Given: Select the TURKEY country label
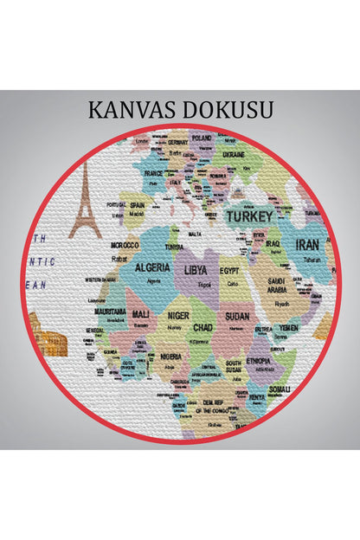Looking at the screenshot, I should pos(249,216).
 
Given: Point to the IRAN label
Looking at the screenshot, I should pos(307,245).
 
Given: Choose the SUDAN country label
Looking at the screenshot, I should pos(237,317).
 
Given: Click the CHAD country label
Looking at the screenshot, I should pos(202,328).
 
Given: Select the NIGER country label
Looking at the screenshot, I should pos(177,316).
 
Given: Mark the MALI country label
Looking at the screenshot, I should pos(140,314).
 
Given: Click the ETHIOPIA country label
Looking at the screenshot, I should pos(257,360).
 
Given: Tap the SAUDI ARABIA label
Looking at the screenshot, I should pos(277,286).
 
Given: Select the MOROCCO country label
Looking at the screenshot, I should pos(124,245).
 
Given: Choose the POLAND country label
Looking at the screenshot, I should pos(201,138).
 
